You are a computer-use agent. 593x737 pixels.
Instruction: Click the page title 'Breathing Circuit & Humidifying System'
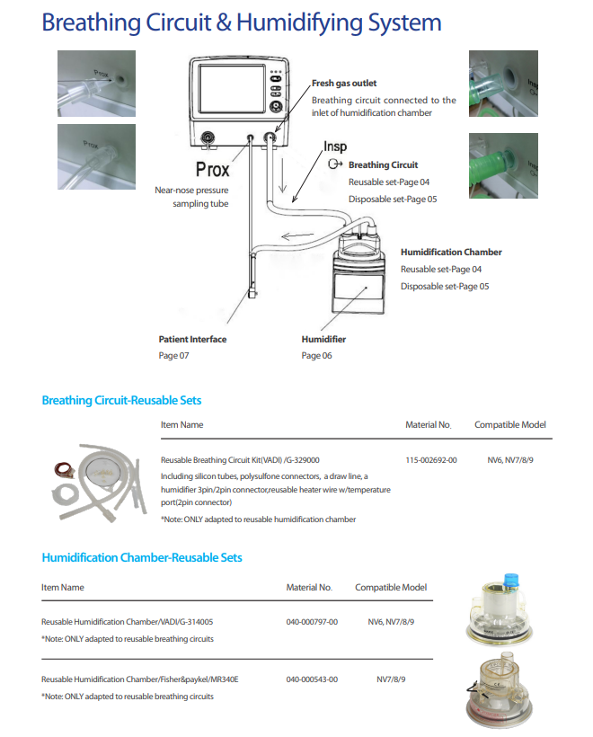pyautogui.click(x=241, y=22)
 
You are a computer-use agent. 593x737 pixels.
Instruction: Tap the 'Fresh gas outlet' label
pyautogui.click(x=344, y=84)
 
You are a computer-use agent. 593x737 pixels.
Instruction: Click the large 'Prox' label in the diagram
pyautogui.click(x=213, y=169)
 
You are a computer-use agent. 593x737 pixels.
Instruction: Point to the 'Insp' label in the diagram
pyautogui.click(x=334, y=147)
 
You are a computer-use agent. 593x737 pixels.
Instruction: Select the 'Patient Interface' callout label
pyautogui.click(x=192, y=340)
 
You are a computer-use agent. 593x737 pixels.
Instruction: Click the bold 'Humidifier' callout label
pyautogui.click(x=323, y=340)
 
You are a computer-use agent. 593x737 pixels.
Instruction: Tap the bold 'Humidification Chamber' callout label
pyautogui.click(x=451, y=253)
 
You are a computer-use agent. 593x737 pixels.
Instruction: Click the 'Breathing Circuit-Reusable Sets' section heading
pyautogui.click(x=121, y=401)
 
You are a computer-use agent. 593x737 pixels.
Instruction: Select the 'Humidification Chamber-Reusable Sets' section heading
pyautogui.click(x=141, y=557)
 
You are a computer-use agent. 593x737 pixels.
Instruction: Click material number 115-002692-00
pyautogui.click(x=431, y=460)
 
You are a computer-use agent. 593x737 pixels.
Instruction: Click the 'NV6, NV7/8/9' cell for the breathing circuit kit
pyautogui.click(x=510, y=460)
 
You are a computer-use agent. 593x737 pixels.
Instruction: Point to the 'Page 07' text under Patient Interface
pyautogui.click(x=174, y=356)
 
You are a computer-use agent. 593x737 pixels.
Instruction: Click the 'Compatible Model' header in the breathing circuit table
pyautogui.click(x=509, y=425)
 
